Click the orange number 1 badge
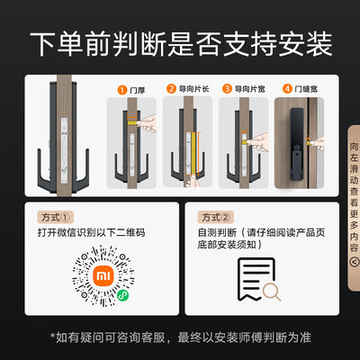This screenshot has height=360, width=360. click(x=122, y=90)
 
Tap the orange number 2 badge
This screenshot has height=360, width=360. click(x=171, y=89)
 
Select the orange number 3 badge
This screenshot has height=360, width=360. click(x=227, y=89)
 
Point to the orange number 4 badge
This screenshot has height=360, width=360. click(x=287, y=89)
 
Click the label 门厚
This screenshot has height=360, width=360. click(x=138, y=90)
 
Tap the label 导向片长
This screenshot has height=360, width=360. click(x=193, y=89)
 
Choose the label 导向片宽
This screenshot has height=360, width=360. click(x=250, y=89)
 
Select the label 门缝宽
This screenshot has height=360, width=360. click(x=306, y=89)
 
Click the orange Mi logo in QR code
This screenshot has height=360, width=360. click(x=103, y=275)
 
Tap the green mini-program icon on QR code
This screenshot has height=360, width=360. click(x=122, y=295)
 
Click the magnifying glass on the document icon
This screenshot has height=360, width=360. click(x=272, y=292)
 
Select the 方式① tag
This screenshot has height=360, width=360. click(x=56, y=217)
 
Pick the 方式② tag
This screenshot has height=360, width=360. click(x=216, y=217)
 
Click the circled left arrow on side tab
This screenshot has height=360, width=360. click(x=355, y=262)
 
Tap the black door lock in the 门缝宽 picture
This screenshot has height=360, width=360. click(x=297, y=144)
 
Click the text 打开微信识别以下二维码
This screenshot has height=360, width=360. click(x=91, y=232)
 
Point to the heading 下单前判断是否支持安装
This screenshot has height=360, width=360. click(x=181, y=44)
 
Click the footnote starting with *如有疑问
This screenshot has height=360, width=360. click(x=181, y=337)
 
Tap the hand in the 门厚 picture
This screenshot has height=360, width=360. click(x=147, y=123)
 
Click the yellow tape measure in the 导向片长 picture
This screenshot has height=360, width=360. click(x=193, y=154)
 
